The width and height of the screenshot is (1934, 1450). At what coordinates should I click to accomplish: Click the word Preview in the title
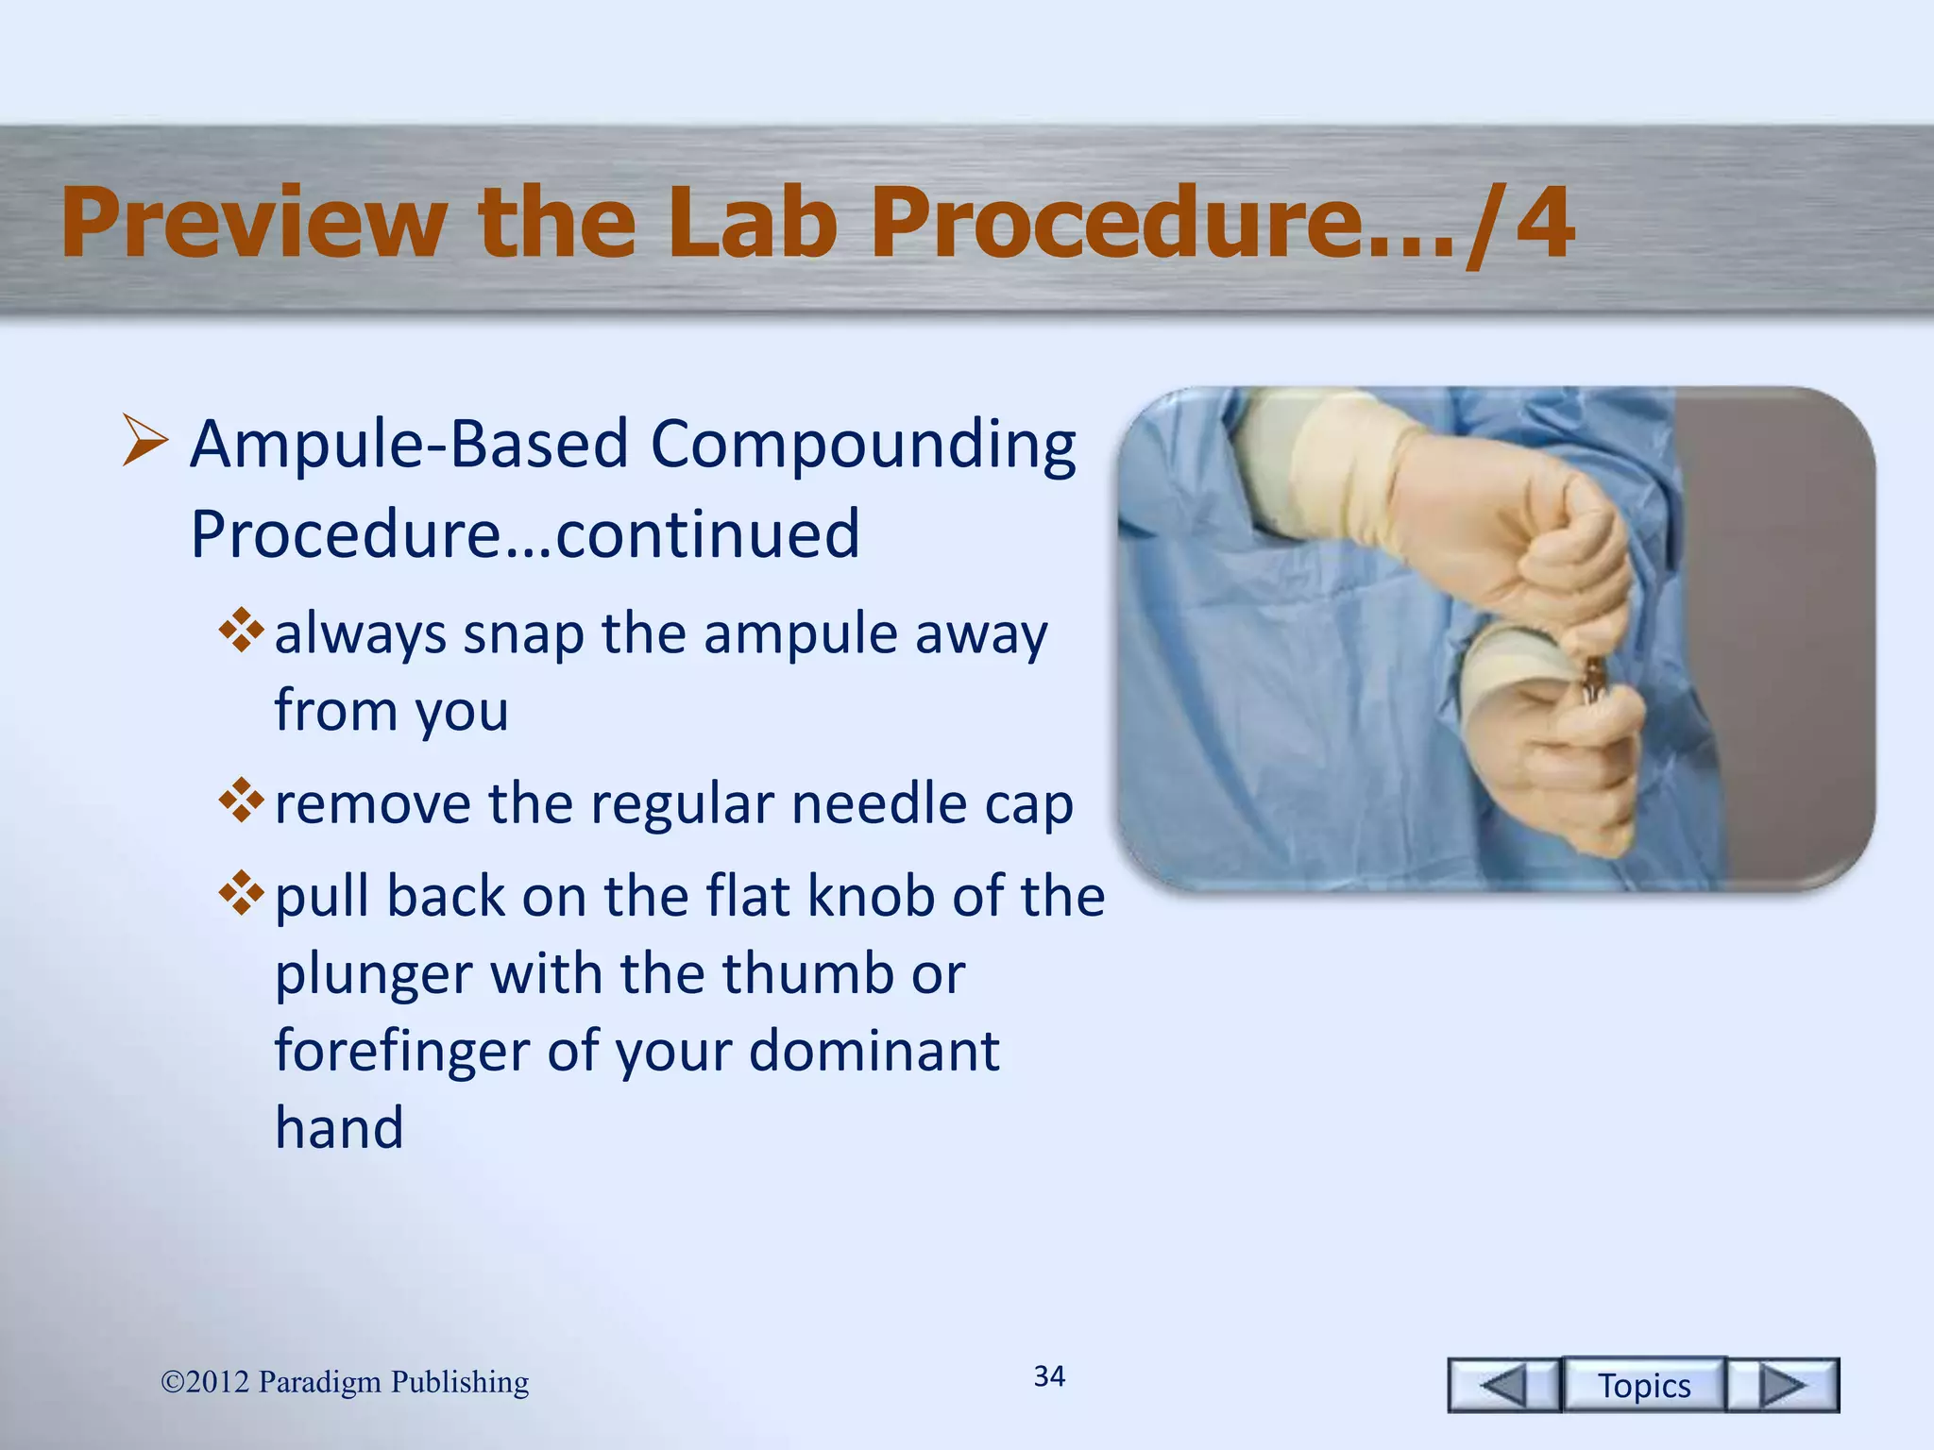(253, 223)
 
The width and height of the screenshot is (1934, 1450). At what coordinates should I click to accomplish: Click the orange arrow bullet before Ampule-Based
(145, 444)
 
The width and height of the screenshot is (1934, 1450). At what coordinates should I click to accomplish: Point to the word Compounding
(863, 444)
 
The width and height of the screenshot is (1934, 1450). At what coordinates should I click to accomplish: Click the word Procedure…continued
(525, 534)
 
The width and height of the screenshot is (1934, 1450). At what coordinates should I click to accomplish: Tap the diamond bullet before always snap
(241, 631)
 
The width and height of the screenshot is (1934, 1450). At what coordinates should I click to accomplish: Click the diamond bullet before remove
(241, 800)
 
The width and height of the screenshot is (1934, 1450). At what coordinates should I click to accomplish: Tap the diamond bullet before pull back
(241, 892)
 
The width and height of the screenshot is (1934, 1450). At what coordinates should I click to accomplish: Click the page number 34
(1049, 1376)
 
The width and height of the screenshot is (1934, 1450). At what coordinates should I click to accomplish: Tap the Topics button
(1643, 1385)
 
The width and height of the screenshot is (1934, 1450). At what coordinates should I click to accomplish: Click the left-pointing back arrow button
(1503, 1385)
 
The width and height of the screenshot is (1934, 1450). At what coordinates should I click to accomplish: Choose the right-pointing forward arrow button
(1783, 1385)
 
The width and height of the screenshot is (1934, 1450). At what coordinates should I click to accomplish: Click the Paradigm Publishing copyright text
(345, 1382)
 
